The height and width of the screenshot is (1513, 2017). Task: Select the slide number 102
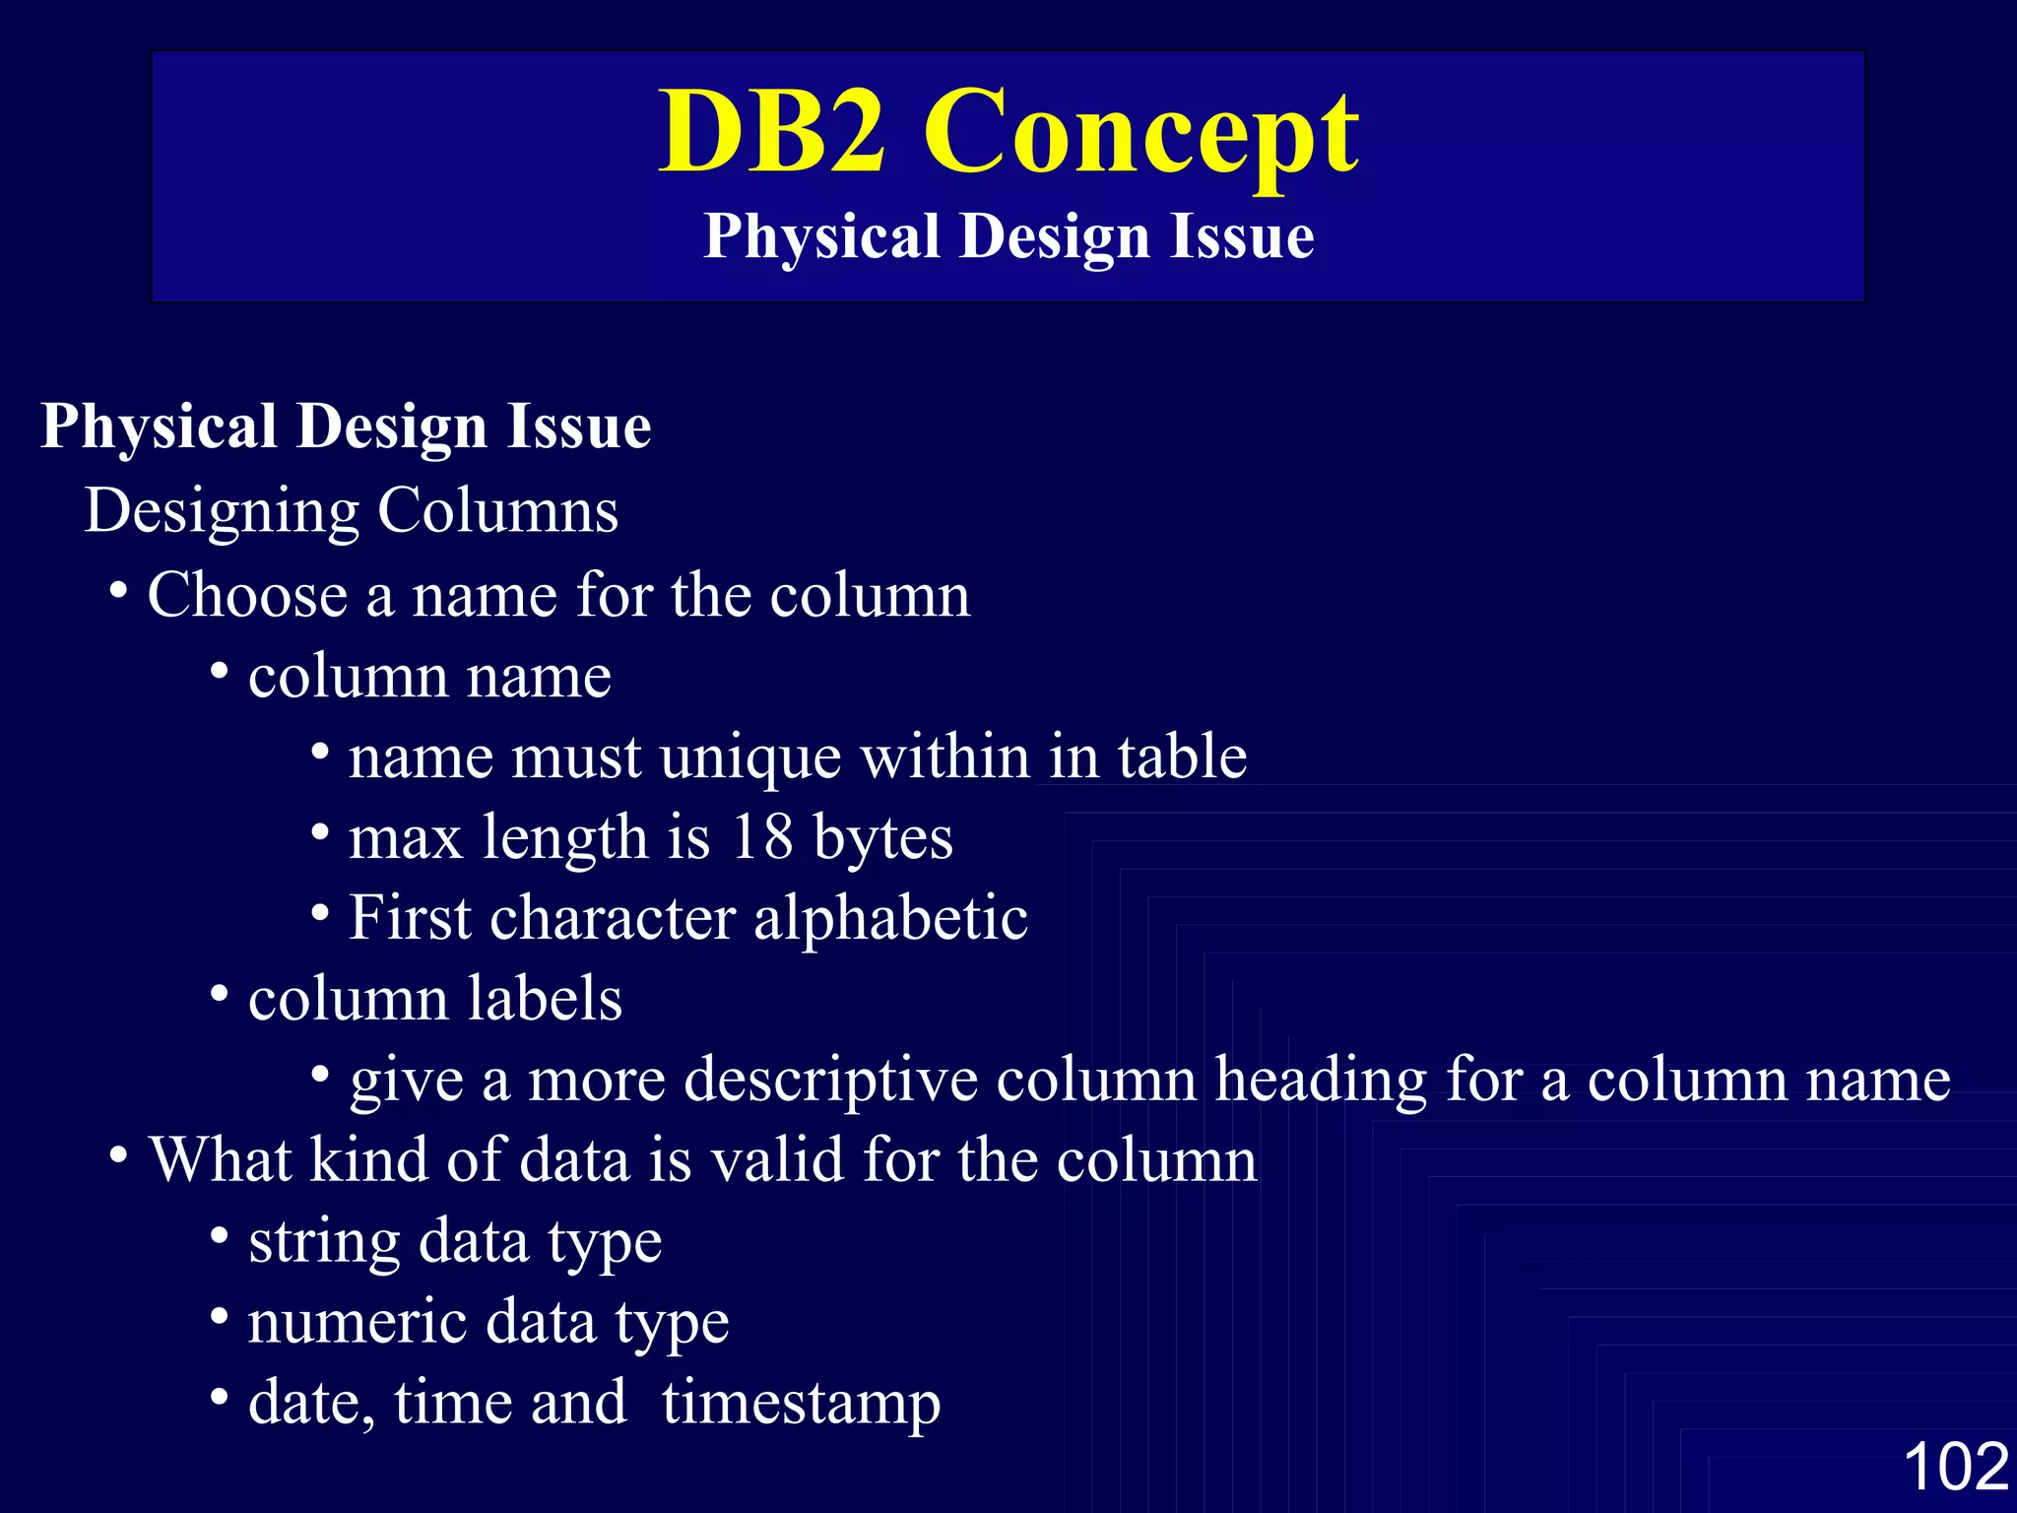[x=1955, y=1466]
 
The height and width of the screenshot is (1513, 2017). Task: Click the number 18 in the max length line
[x=762, y=837]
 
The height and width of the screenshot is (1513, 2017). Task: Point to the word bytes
[x=882, y=839]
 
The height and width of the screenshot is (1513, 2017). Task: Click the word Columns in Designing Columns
[x=498, y=511]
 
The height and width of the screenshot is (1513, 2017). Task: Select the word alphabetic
[x=890, y=918]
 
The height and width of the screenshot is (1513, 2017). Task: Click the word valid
[x=778, y=1160]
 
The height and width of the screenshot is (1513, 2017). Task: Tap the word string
[x=324, y=1243]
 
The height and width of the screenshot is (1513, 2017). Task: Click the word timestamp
[x=801, y=1405]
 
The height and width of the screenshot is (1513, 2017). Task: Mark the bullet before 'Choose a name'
[x=118, y=593]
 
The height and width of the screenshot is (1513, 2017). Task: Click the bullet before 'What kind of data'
[x=118, y=1156]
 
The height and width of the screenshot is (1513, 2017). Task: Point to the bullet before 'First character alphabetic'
[x=320, y=914]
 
